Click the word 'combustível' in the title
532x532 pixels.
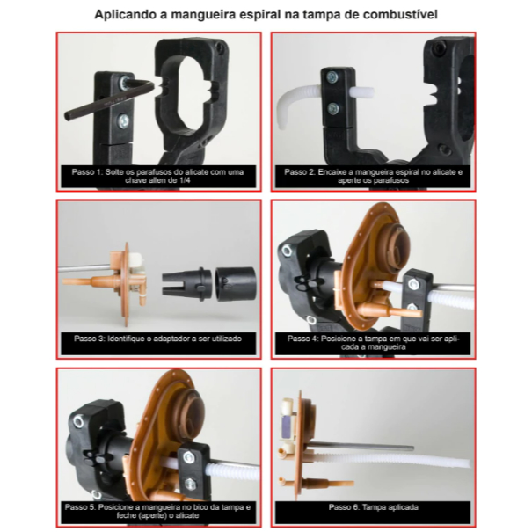point(400,15)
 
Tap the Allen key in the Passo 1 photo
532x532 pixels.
point(108,99)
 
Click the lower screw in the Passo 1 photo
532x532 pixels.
point(122,120)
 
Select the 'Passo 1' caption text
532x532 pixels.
point(157,176)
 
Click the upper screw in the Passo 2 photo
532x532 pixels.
point(332,77)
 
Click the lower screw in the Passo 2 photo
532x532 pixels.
point(333,109)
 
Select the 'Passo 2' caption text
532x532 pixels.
point(373,176)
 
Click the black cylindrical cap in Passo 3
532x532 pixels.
point(236,284)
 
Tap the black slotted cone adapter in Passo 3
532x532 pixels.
point(187,284)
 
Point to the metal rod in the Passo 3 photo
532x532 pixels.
point(84,268)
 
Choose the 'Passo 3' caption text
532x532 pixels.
point(157,339)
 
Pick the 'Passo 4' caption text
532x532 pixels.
point(373,343)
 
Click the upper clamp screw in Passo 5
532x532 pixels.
point(189,457)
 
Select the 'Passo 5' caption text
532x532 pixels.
point(157,511)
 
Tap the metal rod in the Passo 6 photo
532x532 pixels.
point(360,447)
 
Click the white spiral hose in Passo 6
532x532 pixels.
point(390,459)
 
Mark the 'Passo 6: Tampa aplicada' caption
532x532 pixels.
point(373,507)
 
